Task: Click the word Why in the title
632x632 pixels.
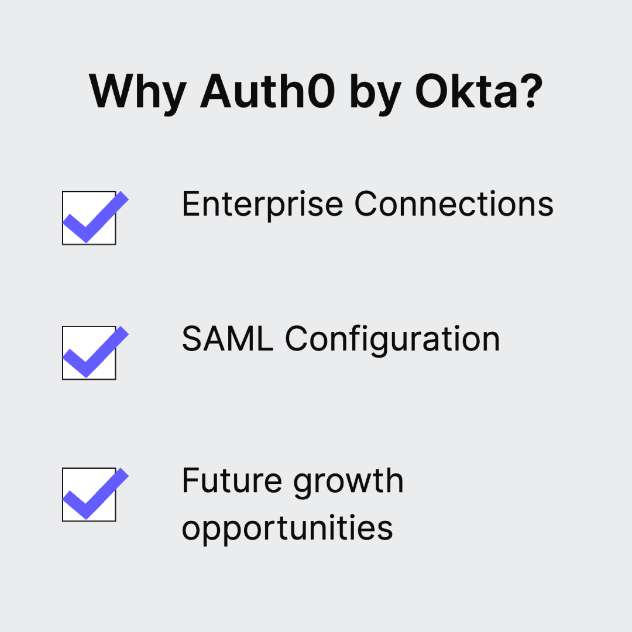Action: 138,92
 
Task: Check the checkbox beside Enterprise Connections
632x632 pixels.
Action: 89,218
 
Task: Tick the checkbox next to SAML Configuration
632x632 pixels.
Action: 89,353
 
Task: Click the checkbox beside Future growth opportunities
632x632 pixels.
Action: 89,494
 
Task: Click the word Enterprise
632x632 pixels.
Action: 262,205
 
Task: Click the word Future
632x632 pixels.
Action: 232,481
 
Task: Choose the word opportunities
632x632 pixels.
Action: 287,529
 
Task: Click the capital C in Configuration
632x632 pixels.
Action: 298,339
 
